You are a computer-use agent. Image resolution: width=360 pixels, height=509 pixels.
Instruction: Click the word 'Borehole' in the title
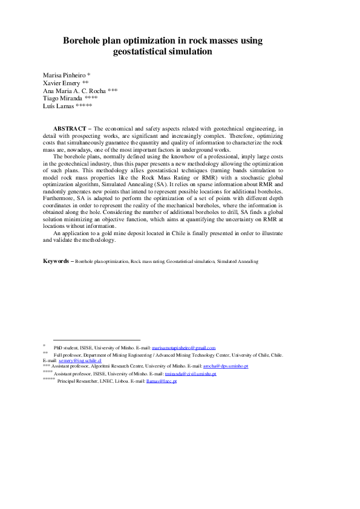(85, 41)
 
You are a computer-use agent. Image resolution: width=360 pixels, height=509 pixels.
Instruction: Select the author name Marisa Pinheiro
(64, 75)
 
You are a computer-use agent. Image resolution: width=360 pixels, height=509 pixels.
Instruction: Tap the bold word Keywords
(57, 278)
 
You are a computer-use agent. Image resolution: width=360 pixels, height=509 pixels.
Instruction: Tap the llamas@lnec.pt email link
(162, 382)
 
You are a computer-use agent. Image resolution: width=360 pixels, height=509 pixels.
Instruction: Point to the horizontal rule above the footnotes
(97, 340)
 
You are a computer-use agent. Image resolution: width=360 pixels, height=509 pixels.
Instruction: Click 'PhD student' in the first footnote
(67, 348)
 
